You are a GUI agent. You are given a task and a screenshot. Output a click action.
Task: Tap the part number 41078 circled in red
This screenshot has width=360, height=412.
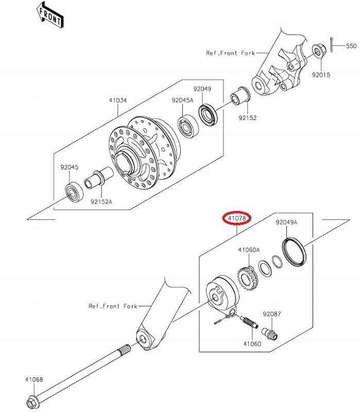237,218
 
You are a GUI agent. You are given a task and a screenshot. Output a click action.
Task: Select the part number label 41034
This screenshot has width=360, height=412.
118,100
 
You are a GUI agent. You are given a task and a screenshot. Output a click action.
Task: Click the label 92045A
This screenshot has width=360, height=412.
183,100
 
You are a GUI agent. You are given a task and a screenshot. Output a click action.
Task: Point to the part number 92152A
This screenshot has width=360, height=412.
101,201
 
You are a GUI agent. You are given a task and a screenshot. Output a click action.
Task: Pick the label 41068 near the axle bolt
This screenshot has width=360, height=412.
34,380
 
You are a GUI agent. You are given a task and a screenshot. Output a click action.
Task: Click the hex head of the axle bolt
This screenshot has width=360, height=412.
32,402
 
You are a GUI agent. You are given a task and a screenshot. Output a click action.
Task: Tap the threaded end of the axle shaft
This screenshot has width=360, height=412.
124,350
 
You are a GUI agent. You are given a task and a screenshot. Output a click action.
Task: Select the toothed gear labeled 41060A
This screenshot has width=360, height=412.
248,279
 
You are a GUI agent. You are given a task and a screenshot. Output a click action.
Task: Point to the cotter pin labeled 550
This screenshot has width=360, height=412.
332,45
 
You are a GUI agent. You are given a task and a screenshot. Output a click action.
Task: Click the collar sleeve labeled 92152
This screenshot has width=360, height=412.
241,95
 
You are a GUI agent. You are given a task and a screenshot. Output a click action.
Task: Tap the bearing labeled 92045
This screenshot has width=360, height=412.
74,191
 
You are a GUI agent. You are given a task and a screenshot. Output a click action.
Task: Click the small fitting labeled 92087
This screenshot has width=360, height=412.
269,333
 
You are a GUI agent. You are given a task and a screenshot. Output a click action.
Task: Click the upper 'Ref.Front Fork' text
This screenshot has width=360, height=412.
230,53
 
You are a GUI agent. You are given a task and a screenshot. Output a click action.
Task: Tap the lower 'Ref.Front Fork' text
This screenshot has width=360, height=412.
113,306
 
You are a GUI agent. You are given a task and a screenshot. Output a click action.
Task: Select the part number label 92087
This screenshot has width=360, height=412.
272,314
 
